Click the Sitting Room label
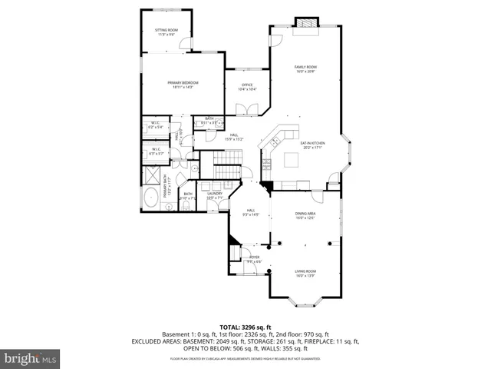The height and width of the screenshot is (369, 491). [166, 32]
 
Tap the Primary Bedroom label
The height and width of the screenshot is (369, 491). [183, 85]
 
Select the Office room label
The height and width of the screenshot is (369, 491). [247, 87]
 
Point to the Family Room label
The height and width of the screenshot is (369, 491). [305, 69]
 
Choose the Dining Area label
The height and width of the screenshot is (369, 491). [305, 216]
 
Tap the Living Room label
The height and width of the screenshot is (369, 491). [305, 272]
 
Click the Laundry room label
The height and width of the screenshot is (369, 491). [215, 196]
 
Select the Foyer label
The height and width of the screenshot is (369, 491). [253, 258]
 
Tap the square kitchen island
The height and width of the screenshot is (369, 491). [292, 159]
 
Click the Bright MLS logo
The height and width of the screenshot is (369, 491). [31, 358]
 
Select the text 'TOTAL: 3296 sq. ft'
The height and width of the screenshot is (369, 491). [245, 327]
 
